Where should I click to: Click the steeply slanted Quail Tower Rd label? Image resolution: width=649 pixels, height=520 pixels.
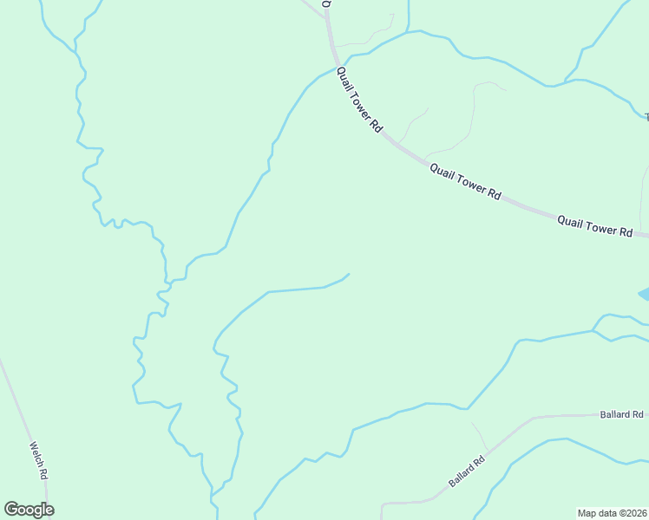tap(359, 100)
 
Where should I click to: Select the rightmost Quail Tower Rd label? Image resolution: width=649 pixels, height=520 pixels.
tap(594, 225)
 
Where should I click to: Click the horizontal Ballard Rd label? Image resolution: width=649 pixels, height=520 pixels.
tap(621, 414)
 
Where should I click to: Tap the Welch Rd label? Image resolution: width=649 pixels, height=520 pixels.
tap(38, 461)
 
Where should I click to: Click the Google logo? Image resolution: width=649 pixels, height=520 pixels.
tap(29, 510)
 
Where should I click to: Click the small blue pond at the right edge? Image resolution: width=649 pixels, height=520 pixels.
tap(644, 296)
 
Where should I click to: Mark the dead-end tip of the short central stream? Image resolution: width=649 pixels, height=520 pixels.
tap(349, 274)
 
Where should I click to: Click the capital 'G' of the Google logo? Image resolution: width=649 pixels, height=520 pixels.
tap(10, 510)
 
